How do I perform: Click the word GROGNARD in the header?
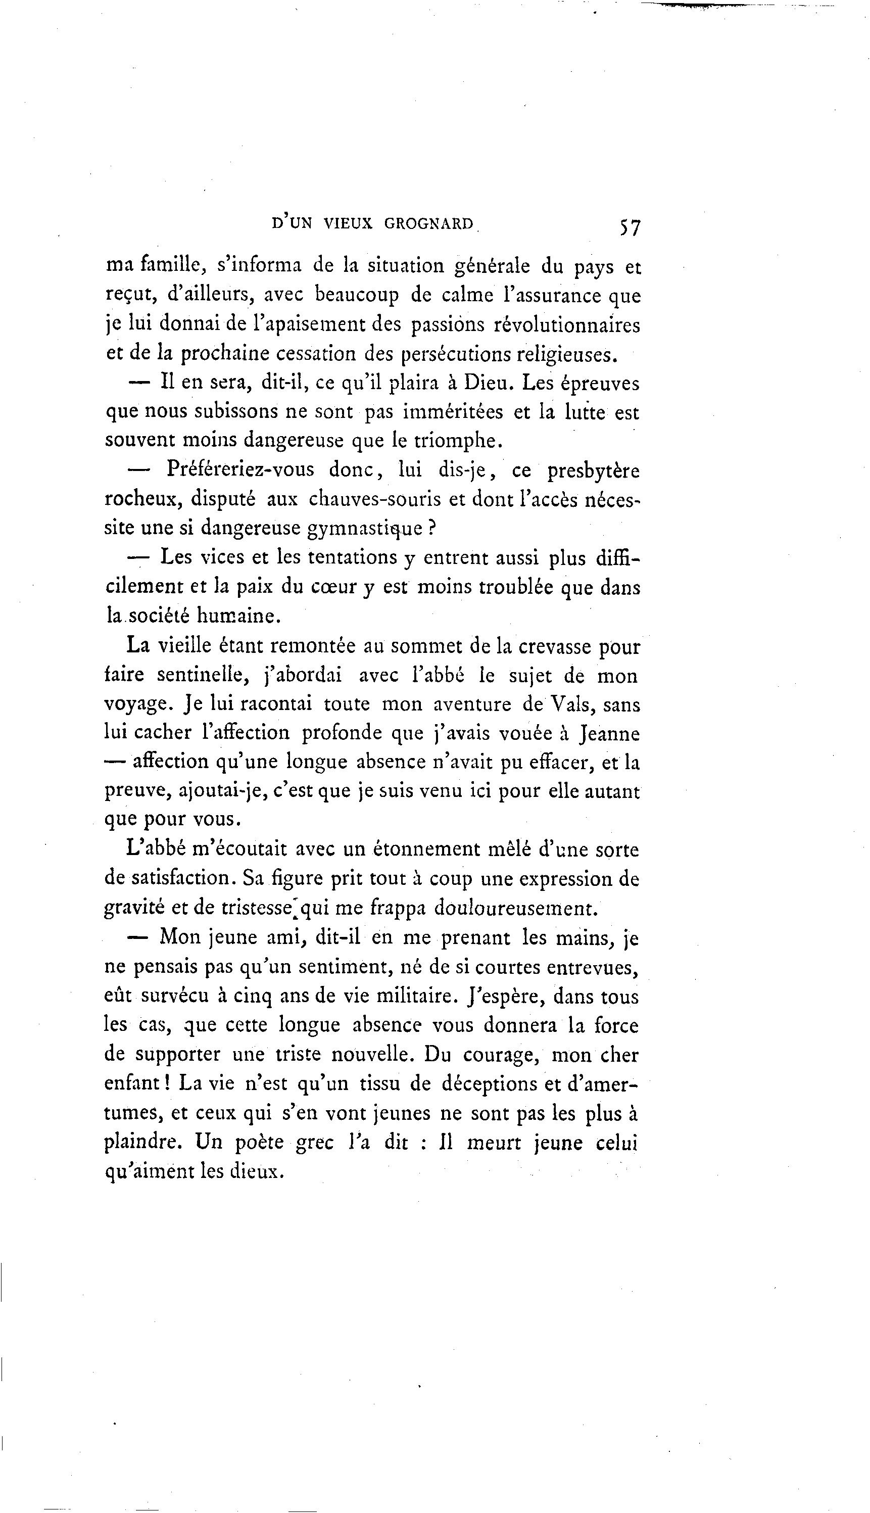point(428,224)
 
